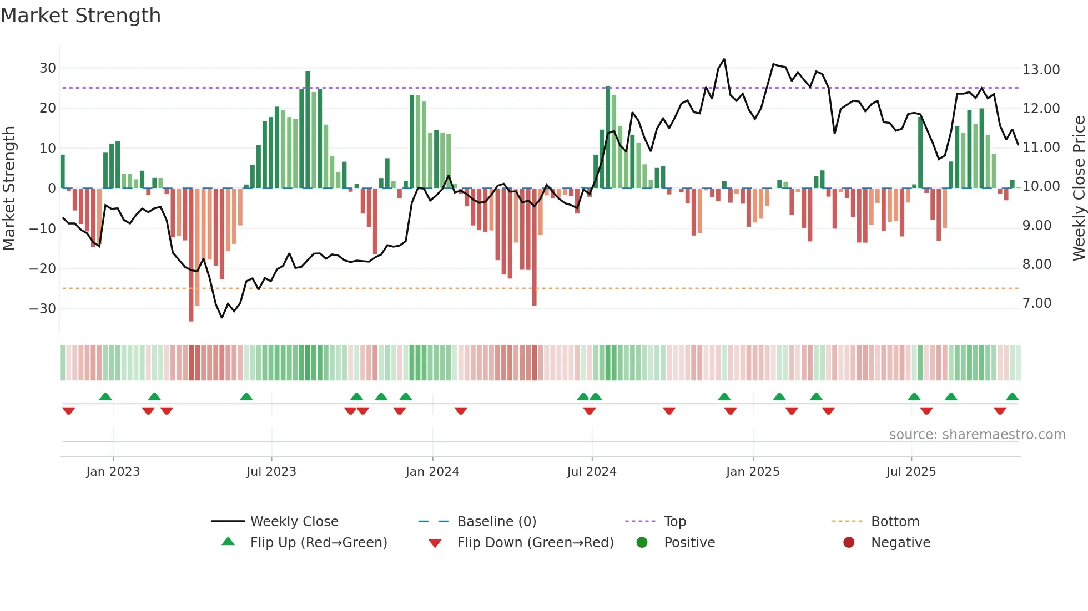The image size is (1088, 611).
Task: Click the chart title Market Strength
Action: [x=80, y=16]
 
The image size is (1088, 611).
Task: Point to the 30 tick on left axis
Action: [x=48, y=68]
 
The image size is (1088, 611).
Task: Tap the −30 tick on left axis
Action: [x=43, y=309]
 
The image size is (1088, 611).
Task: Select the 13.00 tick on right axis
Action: [x=1041, y=70]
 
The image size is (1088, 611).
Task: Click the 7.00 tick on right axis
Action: [x=1037, y=303]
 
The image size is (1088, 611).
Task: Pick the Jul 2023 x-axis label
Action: [x=271, y=472]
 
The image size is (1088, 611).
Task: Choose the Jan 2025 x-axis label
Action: [x=753, y=472]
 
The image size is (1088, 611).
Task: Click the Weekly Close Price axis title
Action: [x=1079, y=189]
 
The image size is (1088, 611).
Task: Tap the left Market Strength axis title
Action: [x=9, y=189]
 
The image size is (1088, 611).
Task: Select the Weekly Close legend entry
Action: [x=294, y=522]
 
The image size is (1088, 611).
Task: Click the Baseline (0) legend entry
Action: [x=496, y=522]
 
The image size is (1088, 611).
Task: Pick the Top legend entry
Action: [x=675, y=522]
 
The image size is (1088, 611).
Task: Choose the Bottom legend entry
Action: [x=895, y=522]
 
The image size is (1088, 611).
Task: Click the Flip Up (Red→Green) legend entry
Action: [x=318, y=543]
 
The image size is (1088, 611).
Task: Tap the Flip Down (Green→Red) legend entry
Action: [x=535, y=543]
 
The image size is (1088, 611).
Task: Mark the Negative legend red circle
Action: [x=849, y=543]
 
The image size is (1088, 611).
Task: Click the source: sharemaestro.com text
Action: [x=977, y=435]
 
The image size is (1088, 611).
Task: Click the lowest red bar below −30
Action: [x=191, y=255]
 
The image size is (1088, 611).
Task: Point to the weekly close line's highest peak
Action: [x=724, y=59]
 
